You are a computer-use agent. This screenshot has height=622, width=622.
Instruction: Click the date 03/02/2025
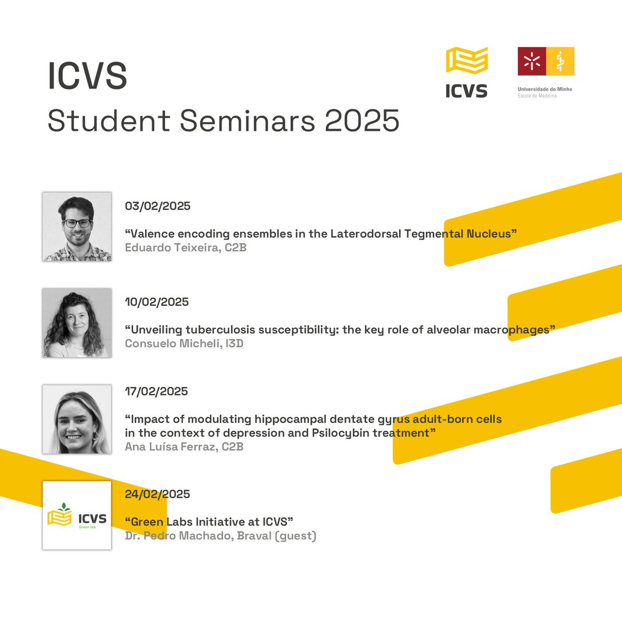[158, 206]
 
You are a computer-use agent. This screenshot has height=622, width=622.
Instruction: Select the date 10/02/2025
[157, 302]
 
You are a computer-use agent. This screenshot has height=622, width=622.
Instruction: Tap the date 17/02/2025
[156, 391]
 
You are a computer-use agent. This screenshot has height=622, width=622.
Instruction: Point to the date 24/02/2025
[157, 494]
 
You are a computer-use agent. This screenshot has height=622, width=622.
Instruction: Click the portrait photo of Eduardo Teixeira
[77, 227]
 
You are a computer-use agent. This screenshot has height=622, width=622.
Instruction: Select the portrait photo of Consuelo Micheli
[77, 323]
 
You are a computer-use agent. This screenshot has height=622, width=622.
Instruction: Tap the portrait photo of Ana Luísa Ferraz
[77, 419]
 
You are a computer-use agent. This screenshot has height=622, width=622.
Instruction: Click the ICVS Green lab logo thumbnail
[77, 515]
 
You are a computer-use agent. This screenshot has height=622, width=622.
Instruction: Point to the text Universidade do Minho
[545, 89]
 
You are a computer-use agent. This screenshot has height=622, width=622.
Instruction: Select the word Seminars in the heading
[247, 121]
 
